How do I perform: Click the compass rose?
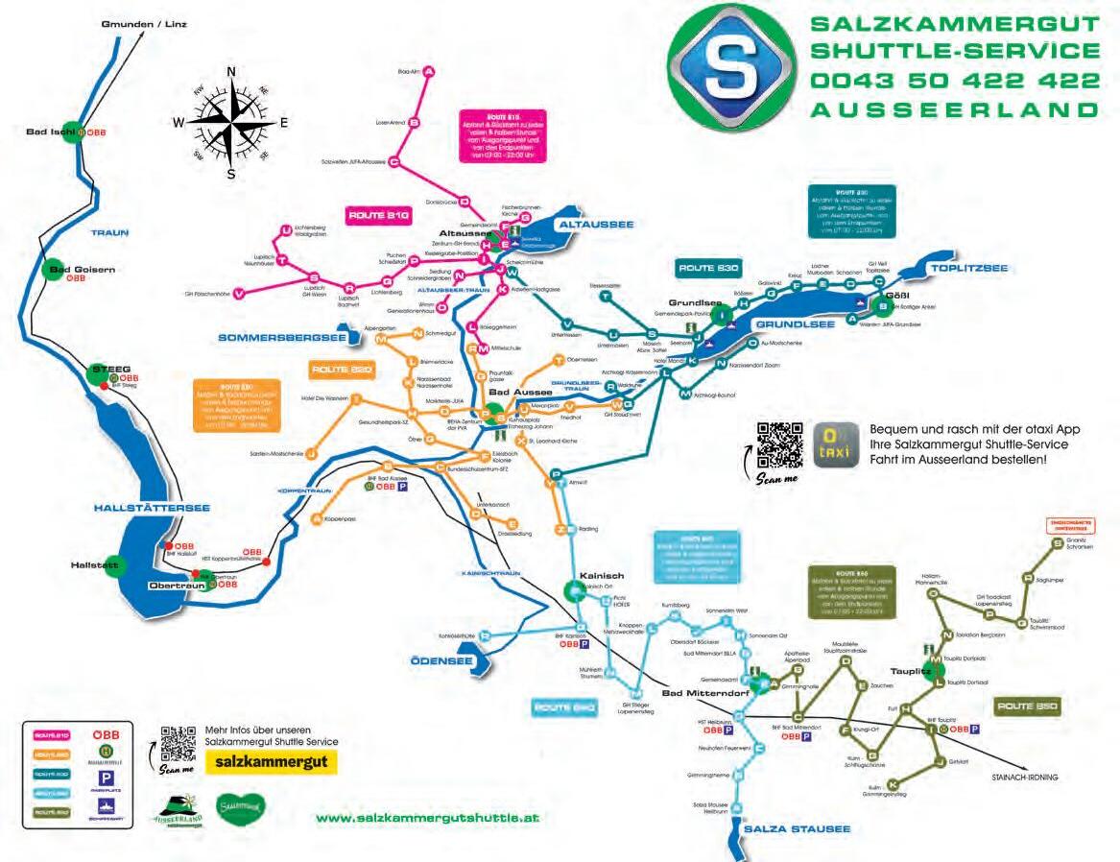[x=230, y=122]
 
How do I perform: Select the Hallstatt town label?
[x=94, y=565]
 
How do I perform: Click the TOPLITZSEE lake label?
[x=973, y=268]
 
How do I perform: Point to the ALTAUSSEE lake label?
[x=595, y=224]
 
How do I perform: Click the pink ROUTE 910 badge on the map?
[x=378, y=216]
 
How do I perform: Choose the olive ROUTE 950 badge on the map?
[x=1026, y=706]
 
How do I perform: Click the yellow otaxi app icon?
[x=828, y=444]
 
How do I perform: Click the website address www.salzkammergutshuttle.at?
[x=427, y=818]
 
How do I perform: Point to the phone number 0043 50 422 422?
[x=954, y=80]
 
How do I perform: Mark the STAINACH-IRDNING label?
[x=1024, y=778]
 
